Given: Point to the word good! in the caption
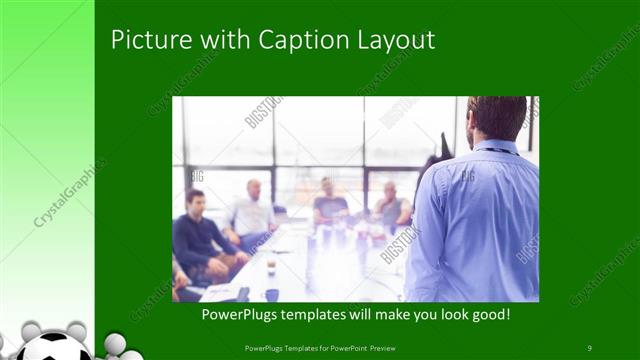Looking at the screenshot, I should click(488, 315).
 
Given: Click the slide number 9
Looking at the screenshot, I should click(590, 347).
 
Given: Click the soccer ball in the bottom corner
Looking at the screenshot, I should click(57, 348).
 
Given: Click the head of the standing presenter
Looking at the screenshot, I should click(496, 117).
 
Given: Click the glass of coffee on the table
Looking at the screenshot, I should click(271, 265).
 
